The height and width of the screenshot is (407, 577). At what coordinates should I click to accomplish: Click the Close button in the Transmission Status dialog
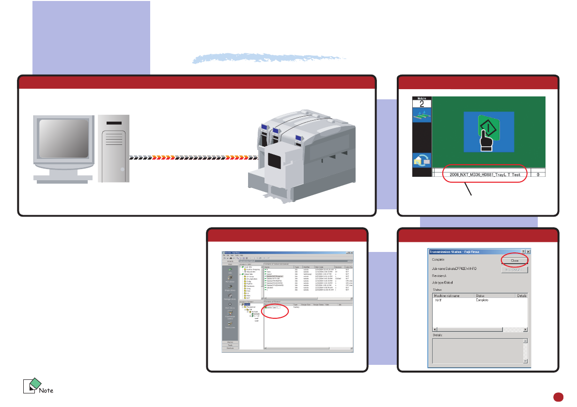514,260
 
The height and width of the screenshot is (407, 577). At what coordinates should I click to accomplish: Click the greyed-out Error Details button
514,269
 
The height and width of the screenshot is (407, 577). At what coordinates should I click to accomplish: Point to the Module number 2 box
421,103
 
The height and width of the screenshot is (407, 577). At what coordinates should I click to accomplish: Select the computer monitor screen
63,140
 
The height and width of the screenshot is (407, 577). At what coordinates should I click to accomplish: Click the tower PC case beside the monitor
114,148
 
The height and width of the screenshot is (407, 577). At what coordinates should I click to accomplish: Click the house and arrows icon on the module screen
421,159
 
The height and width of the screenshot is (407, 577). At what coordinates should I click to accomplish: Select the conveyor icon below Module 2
421,116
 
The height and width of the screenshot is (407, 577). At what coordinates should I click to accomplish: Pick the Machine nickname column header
447,295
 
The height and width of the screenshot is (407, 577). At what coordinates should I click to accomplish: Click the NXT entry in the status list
438,300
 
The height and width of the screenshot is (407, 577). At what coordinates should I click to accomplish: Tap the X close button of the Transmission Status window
529,252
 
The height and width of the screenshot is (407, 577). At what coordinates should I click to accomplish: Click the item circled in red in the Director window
273,308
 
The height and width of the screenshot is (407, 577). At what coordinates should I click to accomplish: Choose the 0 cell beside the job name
538,173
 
